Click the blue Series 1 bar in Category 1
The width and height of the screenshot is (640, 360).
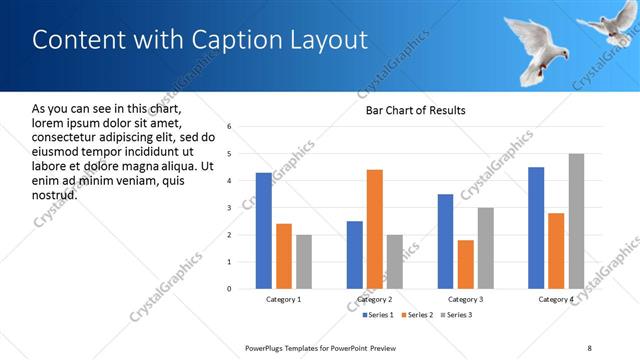click(263, 231)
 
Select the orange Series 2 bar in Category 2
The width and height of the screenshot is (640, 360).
click(375, 229)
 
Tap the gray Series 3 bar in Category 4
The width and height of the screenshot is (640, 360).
click(576, 221)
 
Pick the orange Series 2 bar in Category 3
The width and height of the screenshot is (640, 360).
click(466, 264)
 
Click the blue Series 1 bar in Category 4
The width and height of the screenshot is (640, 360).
click(536, 228)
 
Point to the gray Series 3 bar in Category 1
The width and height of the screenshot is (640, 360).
click(304, 262)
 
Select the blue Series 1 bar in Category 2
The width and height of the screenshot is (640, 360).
click(355, 255)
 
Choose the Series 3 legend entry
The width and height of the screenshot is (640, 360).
click(455, 315)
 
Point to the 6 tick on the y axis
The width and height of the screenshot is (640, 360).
click(230, 127)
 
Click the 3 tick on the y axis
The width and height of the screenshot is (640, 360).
click(230, 208)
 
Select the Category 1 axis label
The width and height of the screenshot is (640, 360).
click(283, 299)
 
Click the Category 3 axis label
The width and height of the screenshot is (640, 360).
click(466, 299)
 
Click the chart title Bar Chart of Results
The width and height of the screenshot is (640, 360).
click(415, 110)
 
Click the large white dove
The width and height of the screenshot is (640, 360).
click(540, 45)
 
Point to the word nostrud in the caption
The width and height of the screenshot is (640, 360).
click(55, 194)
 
